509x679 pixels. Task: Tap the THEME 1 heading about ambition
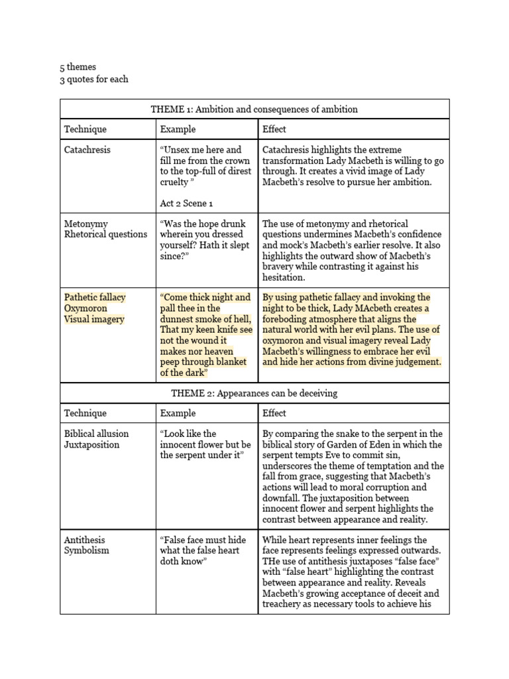click(254, 109)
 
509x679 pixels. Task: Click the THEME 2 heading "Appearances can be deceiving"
click(254, 393)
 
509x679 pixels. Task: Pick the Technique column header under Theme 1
click(85, 129)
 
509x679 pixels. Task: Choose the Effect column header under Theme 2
click(274, 413)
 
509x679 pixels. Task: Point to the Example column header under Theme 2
click(178, 413)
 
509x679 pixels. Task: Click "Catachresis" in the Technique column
click(87, 150)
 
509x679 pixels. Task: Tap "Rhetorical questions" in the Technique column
click(105, 234)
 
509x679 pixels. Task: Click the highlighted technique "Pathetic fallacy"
click(95, 298)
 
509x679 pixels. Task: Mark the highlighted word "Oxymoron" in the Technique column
click(85, 308)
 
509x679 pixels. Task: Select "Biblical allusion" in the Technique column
click(96, 434)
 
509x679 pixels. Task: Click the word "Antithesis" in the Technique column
click(84, 540)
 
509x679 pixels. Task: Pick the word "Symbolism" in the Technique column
click(86, 550)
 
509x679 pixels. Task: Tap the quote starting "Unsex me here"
click(205, 166)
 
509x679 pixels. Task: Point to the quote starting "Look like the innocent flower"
click(205, 444)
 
